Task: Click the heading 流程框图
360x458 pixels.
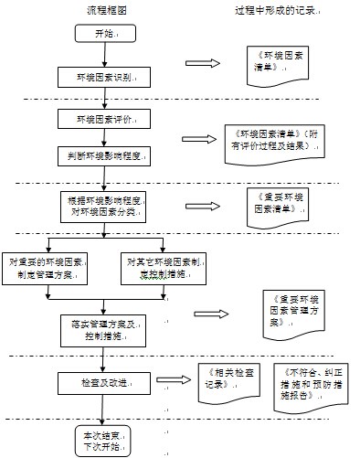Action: [106, 10]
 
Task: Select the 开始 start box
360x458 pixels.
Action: [103, 34]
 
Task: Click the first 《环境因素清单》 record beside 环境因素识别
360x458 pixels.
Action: [277, 64]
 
